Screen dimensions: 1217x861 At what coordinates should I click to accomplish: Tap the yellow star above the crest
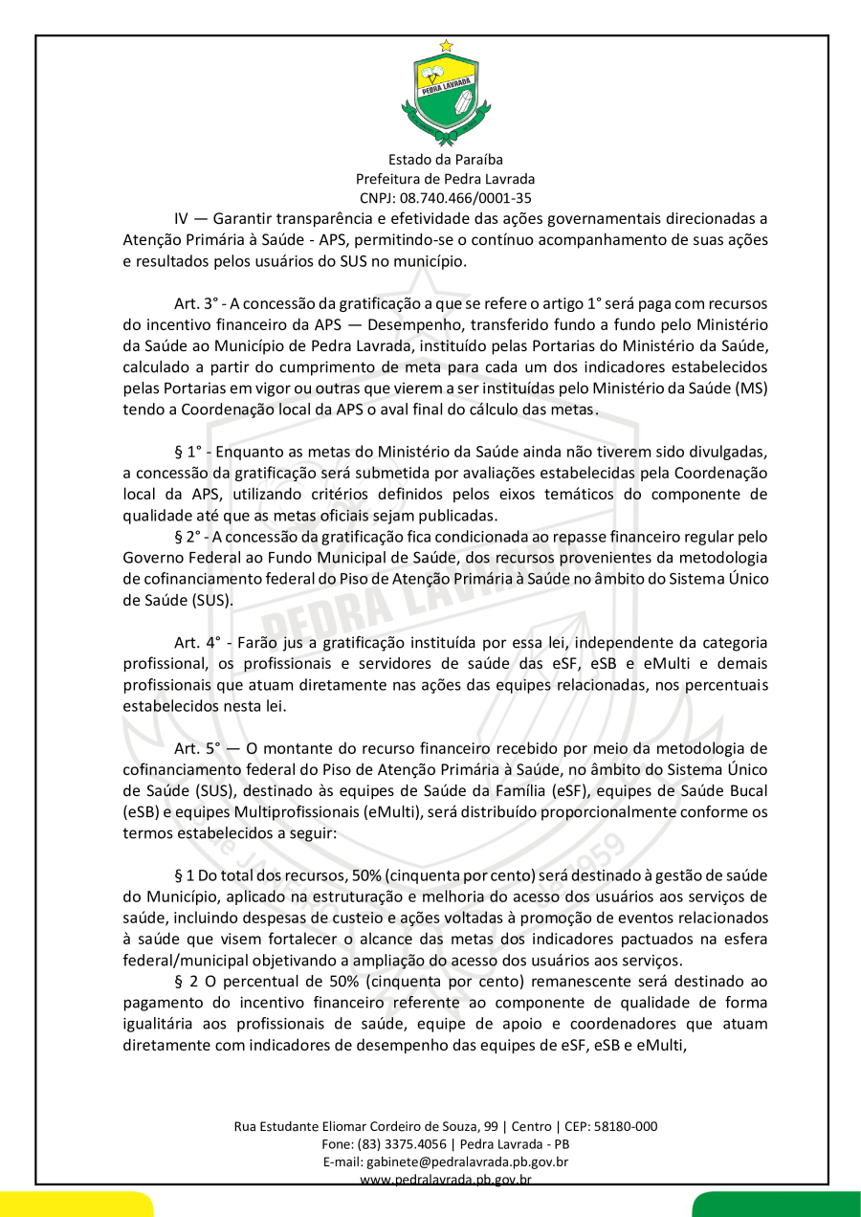(x=446, y=45)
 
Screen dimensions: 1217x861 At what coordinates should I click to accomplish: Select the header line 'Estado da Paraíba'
(x=446, y=160)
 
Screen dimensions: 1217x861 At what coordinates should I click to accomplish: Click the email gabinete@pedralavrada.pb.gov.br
(x=467, y=1162)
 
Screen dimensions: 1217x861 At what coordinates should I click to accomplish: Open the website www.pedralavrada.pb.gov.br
(x=446, y=1179)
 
